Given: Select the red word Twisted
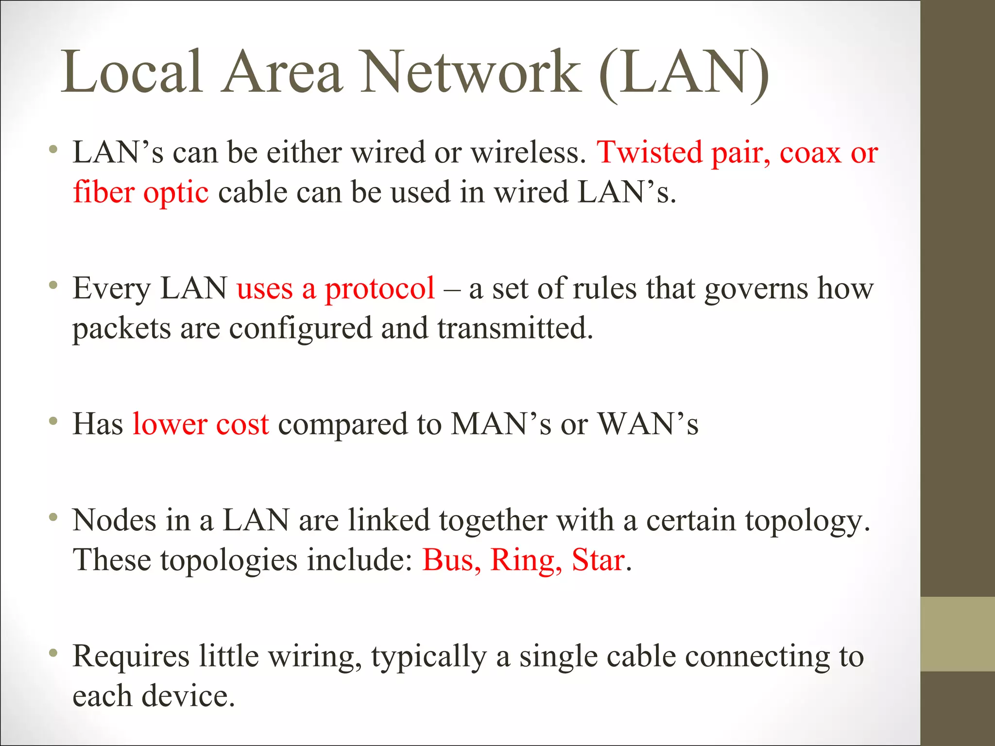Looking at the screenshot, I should point(650,153).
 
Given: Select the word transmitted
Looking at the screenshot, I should point(515,328).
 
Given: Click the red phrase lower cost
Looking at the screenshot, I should point(201,424).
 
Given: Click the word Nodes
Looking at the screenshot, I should point(114,520).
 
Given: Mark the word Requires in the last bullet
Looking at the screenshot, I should point(131,656).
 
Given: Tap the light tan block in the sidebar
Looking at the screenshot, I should point(958,634).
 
